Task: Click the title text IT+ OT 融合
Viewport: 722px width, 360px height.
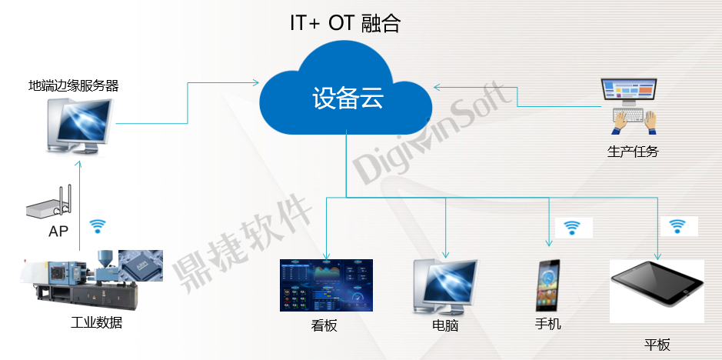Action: pyautogui.click(x=345, y=24)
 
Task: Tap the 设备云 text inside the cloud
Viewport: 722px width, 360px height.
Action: pyautogui.click(x=348, y=98)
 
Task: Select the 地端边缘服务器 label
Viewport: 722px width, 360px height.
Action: pyautogui.click(x=74, y=85)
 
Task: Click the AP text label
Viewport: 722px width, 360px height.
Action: pyautogui.click(x=58, y=231)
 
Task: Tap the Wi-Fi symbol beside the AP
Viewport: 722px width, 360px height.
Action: pyautogui.click(x=97, y=226)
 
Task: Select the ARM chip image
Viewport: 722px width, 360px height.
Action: pyautogui.click(x=141, y=265)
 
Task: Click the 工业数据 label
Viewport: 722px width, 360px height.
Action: pyautogui.click(x=96, y=322)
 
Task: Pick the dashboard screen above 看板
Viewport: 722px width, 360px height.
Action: pyautogui.click(x=327, y=285)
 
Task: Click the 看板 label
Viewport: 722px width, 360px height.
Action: pyautogui.click(x=324, y=326)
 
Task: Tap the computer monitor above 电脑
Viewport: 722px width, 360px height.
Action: pyautogui.click(x=446, y=287)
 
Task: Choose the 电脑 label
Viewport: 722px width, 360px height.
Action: pyautogui.click(x=445, y=326)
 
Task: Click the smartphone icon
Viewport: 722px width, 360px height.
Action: pyautogui.click(x=548, y=285)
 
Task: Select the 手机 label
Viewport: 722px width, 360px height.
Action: pyautogui.click(x=548, y=324)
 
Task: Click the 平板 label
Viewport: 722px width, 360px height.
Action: pyautogui.click(x=657, y=345)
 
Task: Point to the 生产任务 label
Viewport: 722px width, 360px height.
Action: pyautogui.click(x=633, y=152)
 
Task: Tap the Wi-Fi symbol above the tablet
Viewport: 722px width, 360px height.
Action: pyautogui.click(x=677, y=226)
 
